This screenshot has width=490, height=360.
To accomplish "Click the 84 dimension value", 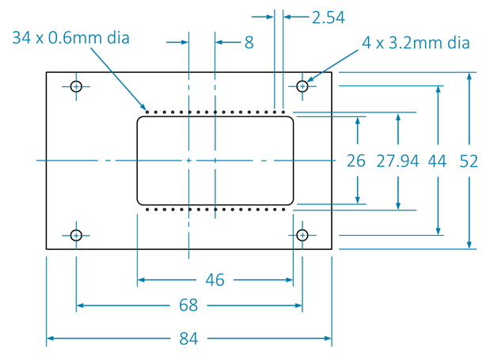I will [x=188, y=339].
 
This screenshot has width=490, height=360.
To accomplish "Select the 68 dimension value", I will [x=188, y=305].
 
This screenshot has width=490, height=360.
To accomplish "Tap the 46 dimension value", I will [x=215, y=280].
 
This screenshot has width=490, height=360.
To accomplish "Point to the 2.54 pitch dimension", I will [x=329, y=17].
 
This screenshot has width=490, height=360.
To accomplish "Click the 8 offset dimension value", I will [x=249, y=43].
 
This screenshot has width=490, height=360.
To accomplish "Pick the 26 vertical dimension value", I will [x=356, y=161].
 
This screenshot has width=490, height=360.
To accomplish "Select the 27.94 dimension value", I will [x=397, y=161].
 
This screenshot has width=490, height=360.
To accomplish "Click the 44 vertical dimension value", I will [x=437, y=161].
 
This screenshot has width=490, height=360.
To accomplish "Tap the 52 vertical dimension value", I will [x=469, y=161].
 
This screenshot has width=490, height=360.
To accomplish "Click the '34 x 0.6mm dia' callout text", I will [x=70, y=37].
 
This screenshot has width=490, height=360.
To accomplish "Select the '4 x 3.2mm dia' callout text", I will [x=416, y=43].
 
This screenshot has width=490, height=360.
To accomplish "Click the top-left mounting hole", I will [x=76, y=86].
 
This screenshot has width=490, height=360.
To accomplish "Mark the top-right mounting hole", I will [x=302, y=86].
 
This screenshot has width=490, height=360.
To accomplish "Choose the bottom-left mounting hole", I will [x=76, y=235].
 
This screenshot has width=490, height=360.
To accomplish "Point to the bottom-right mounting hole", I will [x=302, y=235].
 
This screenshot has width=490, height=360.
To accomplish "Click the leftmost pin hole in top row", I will [x=147, y=112].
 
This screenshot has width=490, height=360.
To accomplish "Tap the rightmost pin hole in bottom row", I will [x=283, y=209].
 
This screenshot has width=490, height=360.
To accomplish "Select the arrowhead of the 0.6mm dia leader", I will [x=144, y=108].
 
